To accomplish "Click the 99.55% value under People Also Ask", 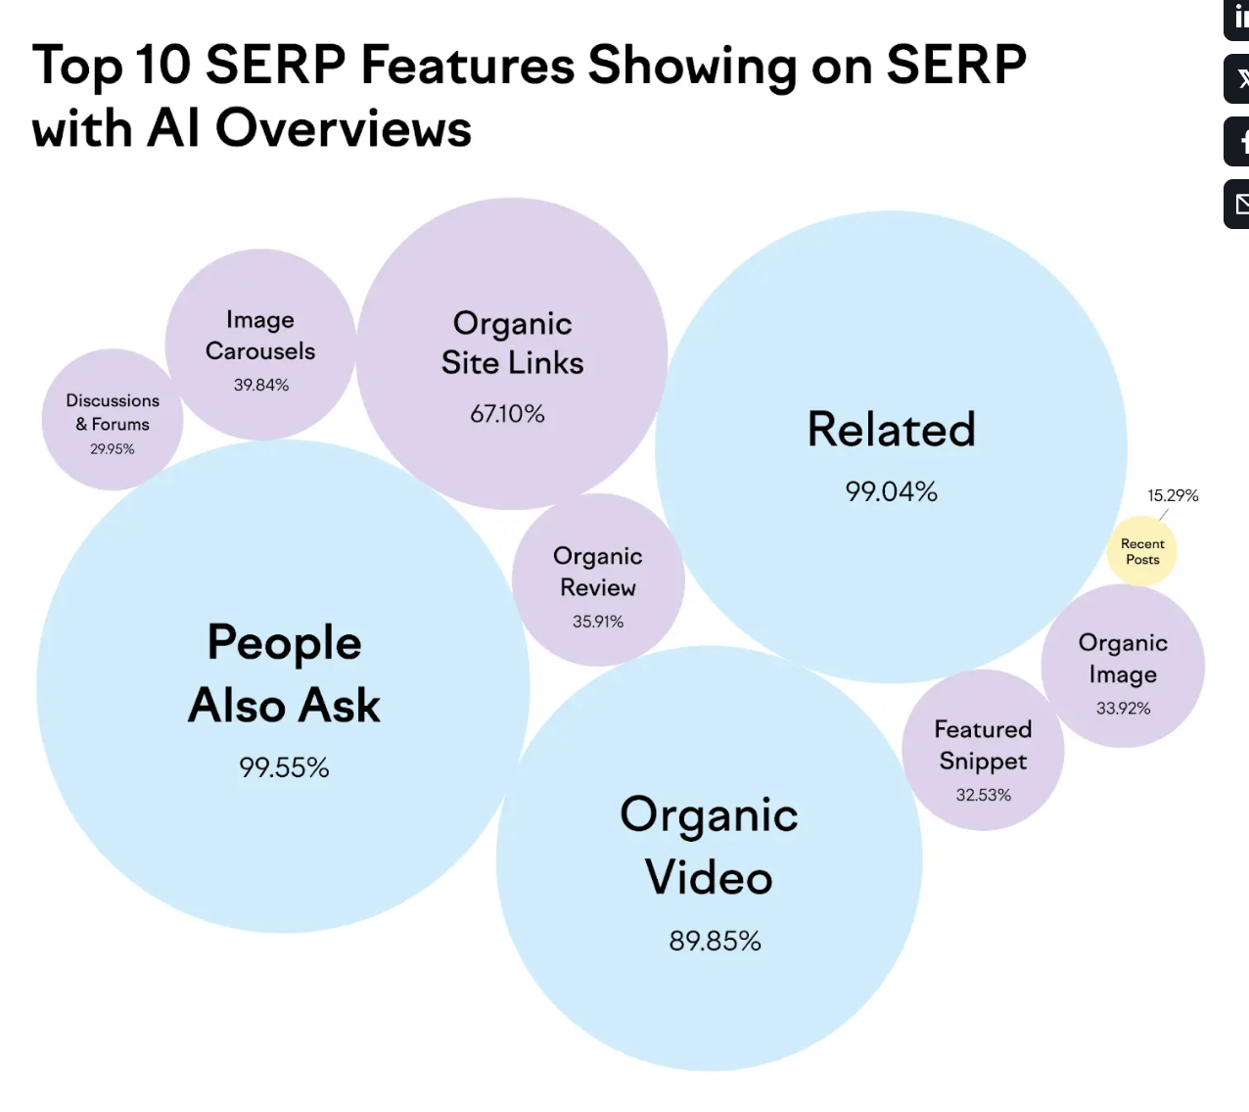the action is pos(284,767).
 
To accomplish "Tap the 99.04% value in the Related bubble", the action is pos(892,491).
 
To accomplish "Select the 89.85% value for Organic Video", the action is pos(716,941).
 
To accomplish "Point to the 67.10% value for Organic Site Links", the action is pos(507,414).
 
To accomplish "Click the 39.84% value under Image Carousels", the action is pos(260,385).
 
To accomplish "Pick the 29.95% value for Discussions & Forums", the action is pos(113,448).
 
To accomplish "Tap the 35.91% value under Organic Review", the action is pos(598,622).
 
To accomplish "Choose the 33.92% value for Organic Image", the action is pos(1124,709).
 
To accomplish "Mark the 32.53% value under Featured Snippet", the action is pos(984,795).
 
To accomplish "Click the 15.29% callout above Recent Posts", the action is pos(1173,495).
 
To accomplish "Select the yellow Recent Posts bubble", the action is pos(1141,551).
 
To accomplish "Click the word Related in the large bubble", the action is pos(892,429).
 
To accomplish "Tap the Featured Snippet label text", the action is pos(984,745).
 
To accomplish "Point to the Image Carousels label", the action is pos(260,336).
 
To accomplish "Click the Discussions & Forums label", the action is pos(113,412).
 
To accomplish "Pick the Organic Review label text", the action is pos(598,572).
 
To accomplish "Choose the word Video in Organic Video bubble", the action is pos(709,878).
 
